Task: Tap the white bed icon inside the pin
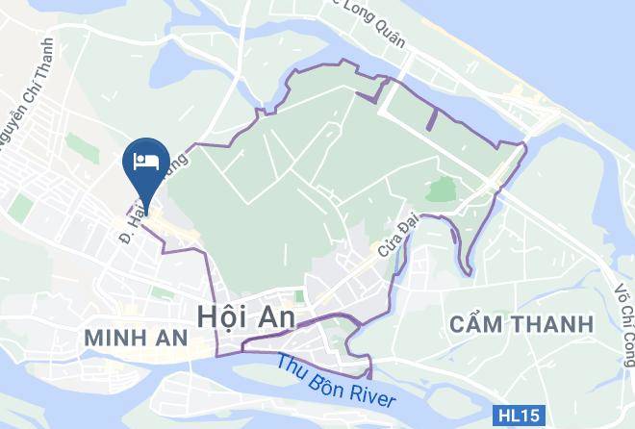coord(147,159)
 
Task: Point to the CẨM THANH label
coord(521,324)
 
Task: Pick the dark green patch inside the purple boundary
coord(440,189)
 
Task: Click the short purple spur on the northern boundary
coord(430,117)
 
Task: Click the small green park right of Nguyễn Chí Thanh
coord(76,145)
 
